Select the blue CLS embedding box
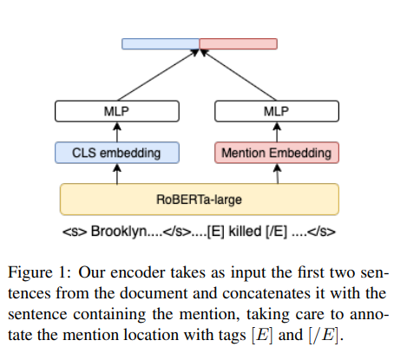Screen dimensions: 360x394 pyautogui.click(x=117, y=154)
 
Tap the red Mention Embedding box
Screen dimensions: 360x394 pyautogui.click(x=277, y=154)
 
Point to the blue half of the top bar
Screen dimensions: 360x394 pyautogui.click(x=161, y=43)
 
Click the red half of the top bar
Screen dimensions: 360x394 pyautogui.click(x=239, y=43)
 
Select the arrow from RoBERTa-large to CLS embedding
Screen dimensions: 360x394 pyautogui.click(x=117, y=173)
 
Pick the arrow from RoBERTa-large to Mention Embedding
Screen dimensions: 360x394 pyautogui.click(x=277, y=173)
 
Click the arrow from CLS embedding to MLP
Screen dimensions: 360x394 pyautogui.click(x=117, y=132)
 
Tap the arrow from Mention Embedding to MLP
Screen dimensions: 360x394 pyautogui.click(x=277, y=132)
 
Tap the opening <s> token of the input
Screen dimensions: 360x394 pyautogui.click(x=75, y=232)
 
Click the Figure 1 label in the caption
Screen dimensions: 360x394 pyautogui.click(x=43, y=266)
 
